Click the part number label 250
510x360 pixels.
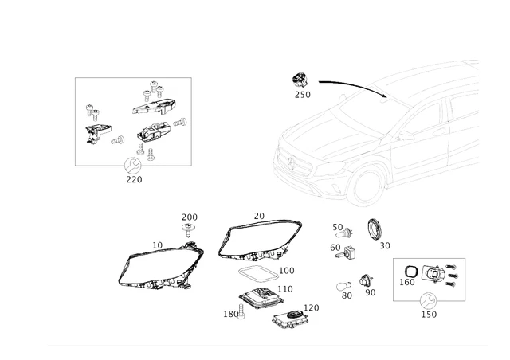tap(302, 95)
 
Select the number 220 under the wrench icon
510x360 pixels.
tap(134, 179)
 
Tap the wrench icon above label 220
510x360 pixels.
tap(133, 166)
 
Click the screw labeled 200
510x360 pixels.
tap(190, 232)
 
